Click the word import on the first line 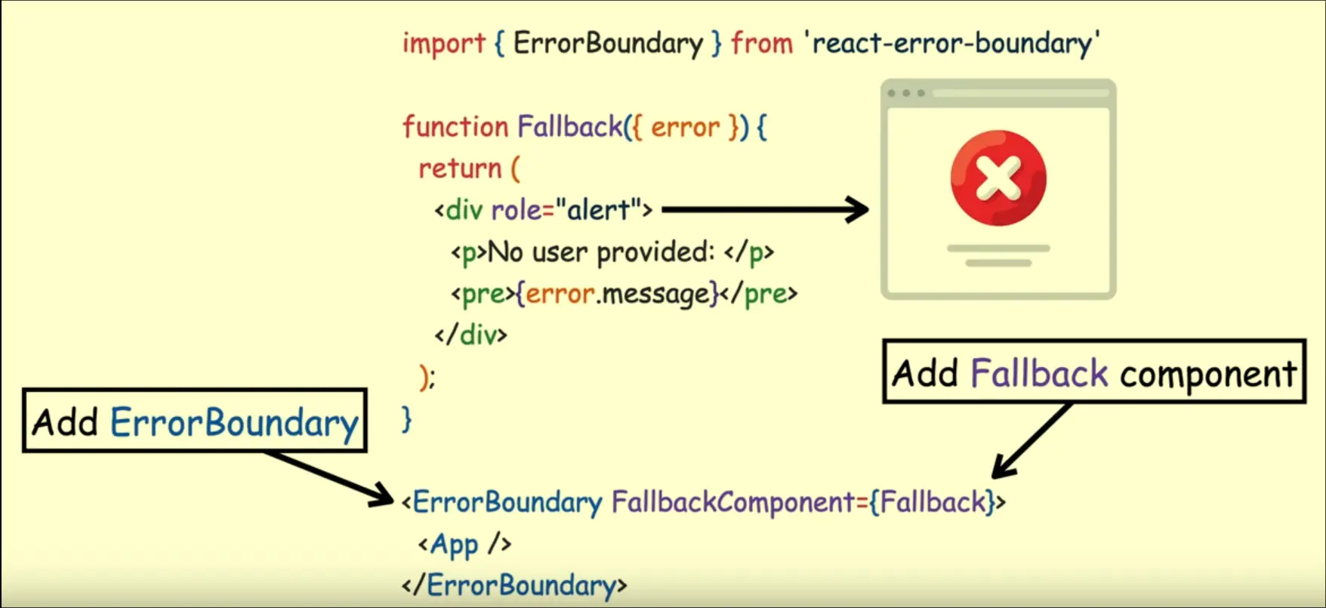click(x=443, y=44)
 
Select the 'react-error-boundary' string click(x=956, y=44)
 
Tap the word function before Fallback click(x=455, y=127)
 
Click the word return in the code click(x=460, y=168)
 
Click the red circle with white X click(x=998, y=178)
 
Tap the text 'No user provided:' click(x=601, y=252)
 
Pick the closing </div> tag click(x=471, y=335)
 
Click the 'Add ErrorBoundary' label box click(x=195, y=421)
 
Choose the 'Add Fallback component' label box click(x=1093, y=372)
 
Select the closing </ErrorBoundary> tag click(x=514, y=585)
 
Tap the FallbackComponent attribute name click(x=732, y=502)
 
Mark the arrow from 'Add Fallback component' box click(x=1031, y=441)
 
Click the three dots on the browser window click(x=906, y=94)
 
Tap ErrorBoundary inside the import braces click(x=608, y=44)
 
